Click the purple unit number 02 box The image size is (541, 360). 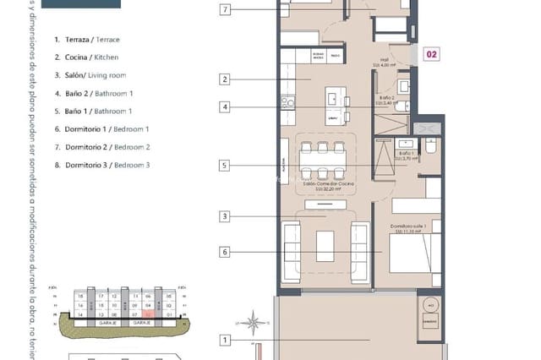click(x=431, y=55)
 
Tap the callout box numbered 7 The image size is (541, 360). click(x=225, y=11)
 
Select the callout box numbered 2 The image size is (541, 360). click(x=225, y=80)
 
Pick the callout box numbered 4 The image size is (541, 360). click(x=225, y=107)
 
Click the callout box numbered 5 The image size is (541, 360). click(x=225, y=166)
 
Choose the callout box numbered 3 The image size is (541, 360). click(x=225, y=217)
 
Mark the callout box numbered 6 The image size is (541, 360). click(x=225, y=252)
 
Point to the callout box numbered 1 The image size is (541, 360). click(x=225, y=341)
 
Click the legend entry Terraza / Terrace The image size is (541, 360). click(x=86, y=40)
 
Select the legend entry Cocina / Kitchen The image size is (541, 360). click(x=85, y=57)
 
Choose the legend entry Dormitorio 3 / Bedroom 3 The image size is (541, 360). click(x=101, y=165)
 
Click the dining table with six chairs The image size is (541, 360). click(x=325, y=161)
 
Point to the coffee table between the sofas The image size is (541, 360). click(x=325, y=245)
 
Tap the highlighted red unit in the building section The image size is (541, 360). click(x=146, y=314)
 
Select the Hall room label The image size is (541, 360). click(x=385, y=61)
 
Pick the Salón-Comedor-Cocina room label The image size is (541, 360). click(x=326, y=184)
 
